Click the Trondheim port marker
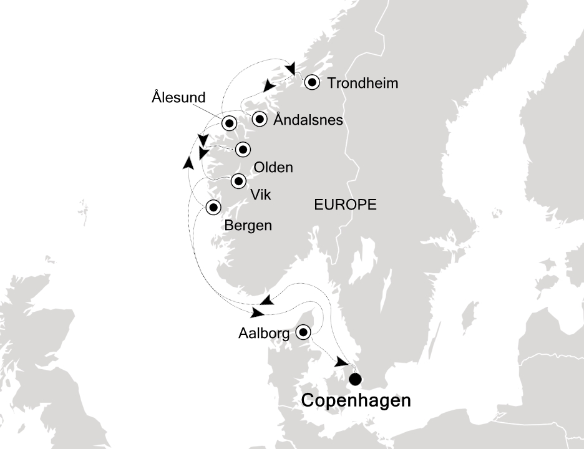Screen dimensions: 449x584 click(x=311, y=82)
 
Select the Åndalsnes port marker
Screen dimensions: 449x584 click(x=260, y=118)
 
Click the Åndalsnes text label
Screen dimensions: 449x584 click(x=309, y=120)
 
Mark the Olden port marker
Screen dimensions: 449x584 click(x=242, y=149)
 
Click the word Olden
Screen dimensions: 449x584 click(x=273, y=168)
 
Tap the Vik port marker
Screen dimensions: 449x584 click(x=238, y=181)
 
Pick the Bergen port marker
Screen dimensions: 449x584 click(x=213, y=207)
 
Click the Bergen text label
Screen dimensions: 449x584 click(x=248, y=225)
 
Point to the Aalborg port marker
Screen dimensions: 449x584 click(x=304, y=332)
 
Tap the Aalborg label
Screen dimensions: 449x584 click(x=264, y=334)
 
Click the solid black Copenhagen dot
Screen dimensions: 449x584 click(x=356, y=378)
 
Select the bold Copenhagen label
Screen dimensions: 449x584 click(x=356, y=400)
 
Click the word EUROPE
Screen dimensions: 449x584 click(x=345, y=205)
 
